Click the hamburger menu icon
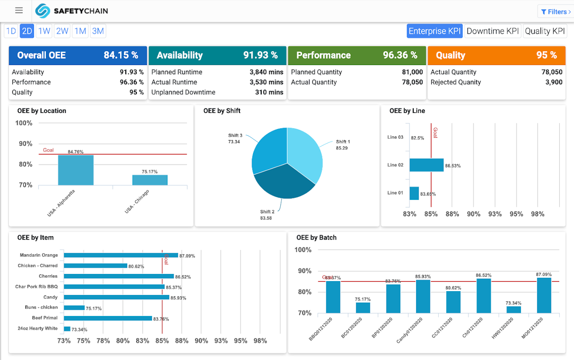click(x=19, y=11)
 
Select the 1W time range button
click(x=44, y=31)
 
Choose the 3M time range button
click(x=98, y=31)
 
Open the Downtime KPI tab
click(x=492, y=31)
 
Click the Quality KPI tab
click(x=545, y=31)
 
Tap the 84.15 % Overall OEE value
click(x=121, y=55)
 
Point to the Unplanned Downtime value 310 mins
click(x=269, y=92)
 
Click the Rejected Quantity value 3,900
click(x=553, y=82)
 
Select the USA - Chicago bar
click(x=150, y=180)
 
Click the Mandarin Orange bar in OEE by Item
click(x=121, y=255)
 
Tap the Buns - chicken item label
click(x=41, y=307)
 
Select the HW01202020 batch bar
click(x=513, y=310)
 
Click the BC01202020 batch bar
click(x=363, y=308)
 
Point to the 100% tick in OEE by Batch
click(x=303, y=250)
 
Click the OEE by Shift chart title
click(x=222, y=111)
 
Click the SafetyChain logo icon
click(x=43, y=11)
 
